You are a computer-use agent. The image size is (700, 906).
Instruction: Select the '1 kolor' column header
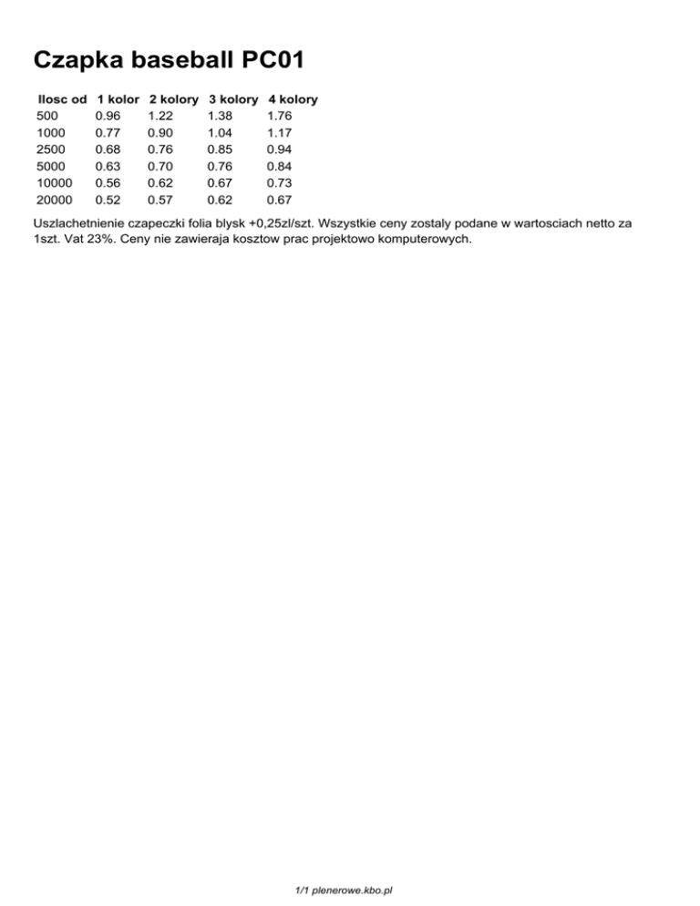click(118, 98)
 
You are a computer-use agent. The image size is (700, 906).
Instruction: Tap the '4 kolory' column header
click(293, 98)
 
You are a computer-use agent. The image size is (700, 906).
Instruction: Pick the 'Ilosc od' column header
click(62, 98)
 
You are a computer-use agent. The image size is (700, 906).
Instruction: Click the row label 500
click(47, 116)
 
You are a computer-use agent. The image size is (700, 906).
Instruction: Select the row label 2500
click(51, 149)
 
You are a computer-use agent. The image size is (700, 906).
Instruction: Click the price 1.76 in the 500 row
click(279, 116)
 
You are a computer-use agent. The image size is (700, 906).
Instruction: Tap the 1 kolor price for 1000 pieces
click(108, 132)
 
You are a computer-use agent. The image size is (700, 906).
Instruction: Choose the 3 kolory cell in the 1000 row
click(220, 132)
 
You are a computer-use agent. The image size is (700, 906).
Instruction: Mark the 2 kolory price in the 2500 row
click(160, 149)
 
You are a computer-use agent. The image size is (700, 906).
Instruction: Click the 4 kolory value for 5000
click(279, 166)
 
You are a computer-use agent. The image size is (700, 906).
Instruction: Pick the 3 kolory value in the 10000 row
click(220, 182)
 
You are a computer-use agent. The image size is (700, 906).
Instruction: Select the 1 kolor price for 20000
click(108, 199)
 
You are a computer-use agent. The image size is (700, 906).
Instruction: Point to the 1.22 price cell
click(160, 116)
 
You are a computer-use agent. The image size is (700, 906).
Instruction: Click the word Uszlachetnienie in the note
click(77, 222)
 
